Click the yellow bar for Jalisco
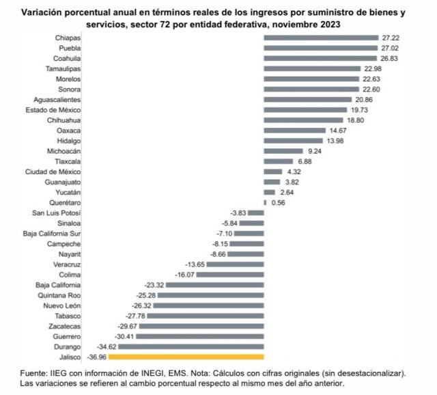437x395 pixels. pyautogui.click(x=186, y=356)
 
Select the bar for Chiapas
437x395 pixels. pyautogui.click(x=321, y=38)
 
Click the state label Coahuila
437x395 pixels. pyautogui.click(x=66, y=59)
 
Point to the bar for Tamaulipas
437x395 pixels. pyautogui.click(x=312, y=69)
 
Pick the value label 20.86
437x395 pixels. pyautogui.click(x=365, y=100)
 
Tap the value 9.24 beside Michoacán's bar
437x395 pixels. pyautogui.click(x=315, y=151)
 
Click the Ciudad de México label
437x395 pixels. pyautogui.click(x=53, y=172)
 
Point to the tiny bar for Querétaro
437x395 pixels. pyautogui.click(x=265, y=202)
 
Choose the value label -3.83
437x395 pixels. pyautogui.click(x=238, y=213)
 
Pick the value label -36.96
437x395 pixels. pyautogui.click(x=96, y=357)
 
